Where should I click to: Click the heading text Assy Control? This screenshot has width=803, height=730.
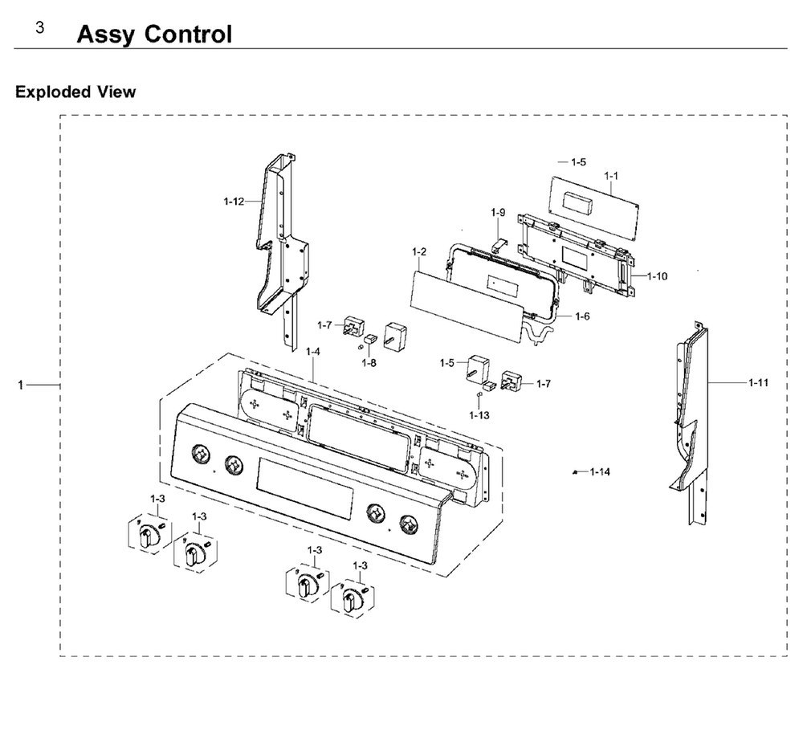tap(154, 35)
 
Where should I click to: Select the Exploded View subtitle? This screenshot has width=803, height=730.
tap(75, 92)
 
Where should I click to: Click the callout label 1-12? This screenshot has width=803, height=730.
tap(234, 202)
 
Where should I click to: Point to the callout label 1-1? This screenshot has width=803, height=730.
tap(611, 175)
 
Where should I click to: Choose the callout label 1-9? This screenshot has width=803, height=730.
tap(498, 213)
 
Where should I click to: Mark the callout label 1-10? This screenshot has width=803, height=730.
tap(657, 276)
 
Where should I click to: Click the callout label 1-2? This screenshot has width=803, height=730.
tap(418, 252)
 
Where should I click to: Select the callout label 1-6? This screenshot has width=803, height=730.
tap(581, 316)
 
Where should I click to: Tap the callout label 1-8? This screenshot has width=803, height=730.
tap(369, 363)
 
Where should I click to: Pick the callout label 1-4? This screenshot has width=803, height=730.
tap(313, 352)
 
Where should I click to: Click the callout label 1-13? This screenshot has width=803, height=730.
tap(479, 414)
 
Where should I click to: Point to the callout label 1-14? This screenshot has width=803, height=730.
tap(599, 471)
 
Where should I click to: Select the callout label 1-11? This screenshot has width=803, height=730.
tap(758, 383)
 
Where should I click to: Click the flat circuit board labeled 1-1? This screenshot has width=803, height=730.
tap(594, 205)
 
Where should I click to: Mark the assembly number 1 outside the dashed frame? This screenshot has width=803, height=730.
tap(20, 386)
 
